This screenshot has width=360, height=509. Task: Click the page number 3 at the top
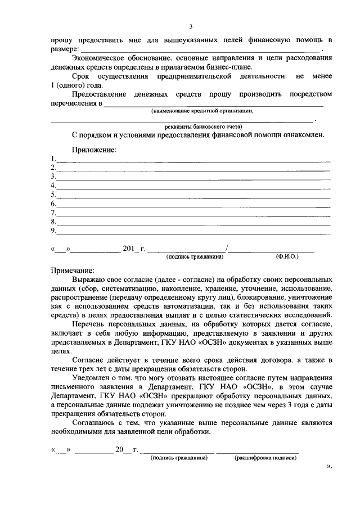click(191, 26)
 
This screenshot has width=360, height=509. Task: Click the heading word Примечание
click(73, 269)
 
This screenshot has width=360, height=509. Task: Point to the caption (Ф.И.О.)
click(287, 256)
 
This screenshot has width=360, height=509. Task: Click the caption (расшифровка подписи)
click(265, 458)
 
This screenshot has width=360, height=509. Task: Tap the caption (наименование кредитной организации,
click(202, 111)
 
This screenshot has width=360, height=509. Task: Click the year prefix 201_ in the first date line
click(129, 249)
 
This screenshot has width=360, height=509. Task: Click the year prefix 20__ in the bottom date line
click(123, 450)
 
